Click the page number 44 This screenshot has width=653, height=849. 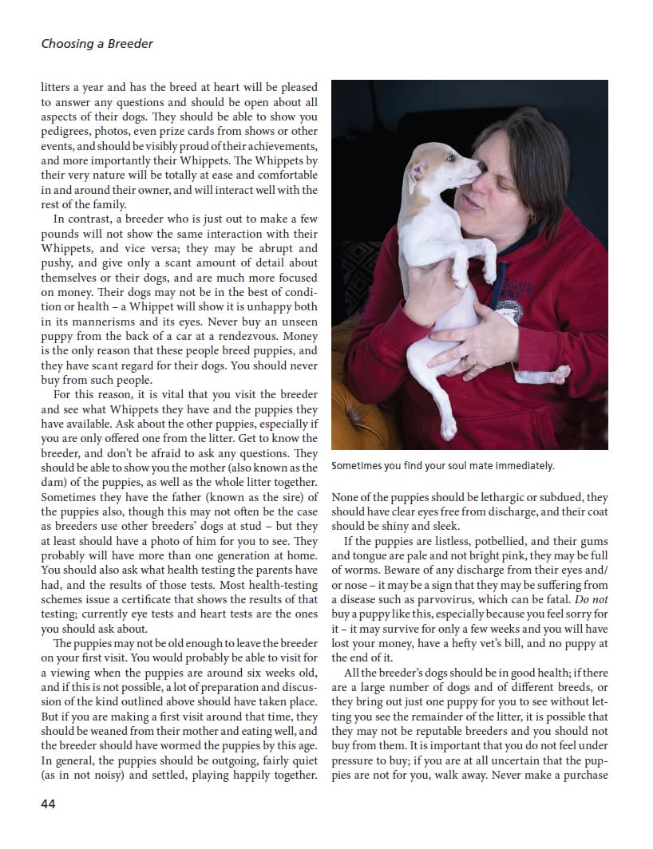[x=48, y=804]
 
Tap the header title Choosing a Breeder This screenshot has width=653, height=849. [x=97, y=43]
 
